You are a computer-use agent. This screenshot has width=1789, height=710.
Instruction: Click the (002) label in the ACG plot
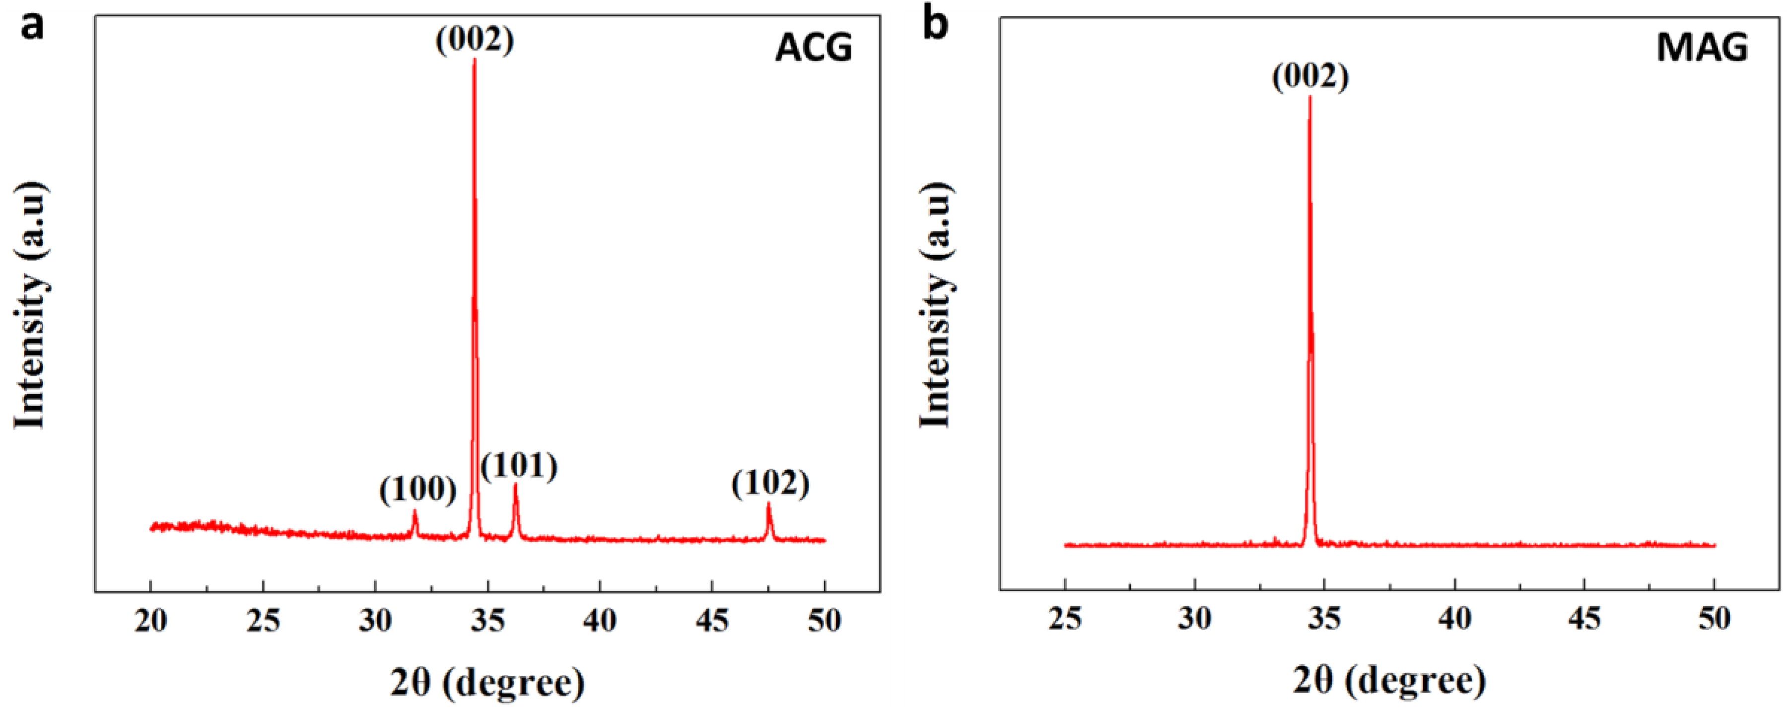coord(475,40)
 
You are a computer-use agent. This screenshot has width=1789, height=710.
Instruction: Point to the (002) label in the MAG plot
coord(1310,76)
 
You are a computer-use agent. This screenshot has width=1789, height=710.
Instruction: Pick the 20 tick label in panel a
coord(151,621)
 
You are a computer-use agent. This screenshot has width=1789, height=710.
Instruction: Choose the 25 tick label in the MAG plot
coord(1065,618)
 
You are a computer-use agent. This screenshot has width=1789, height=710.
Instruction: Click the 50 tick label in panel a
coord(825,621)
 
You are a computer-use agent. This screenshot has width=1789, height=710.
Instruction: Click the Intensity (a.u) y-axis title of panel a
coord(31,306)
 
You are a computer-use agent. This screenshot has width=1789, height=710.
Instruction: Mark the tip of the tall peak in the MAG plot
coord(1310,97)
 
